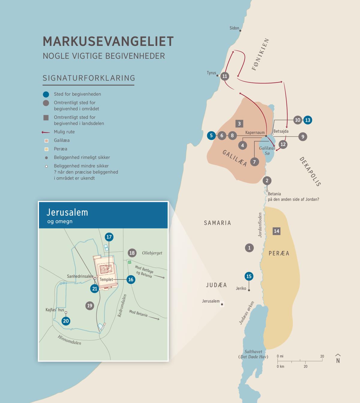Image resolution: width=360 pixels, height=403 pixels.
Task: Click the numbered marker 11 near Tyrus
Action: [x=225, y=76]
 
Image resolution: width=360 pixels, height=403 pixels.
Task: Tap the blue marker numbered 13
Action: [x=307, y=120]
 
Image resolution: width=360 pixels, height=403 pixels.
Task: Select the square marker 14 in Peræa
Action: [x=276, y=231]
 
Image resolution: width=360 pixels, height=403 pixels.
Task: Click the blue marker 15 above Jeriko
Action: [x=249, y=276]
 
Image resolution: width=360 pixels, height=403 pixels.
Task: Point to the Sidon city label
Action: [x=234, y=28]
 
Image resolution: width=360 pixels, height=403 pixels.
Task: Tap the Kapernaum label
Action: [x=255, y=133]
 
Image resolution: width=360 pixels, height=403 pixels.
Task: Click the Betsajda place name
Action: [x=281, y=131]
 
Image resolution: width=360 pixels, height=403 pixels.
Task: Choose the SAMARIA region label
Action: [x=217, y=223]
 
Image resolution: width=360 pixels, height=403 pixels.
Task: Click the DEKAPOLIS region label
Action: [x=310, y=172]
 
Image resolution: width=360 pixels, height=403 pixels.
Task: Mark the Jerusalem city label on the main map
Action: [x=211, y=301]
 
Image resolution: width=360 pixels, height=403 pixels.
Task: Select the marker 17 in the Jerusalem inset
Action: [x=109, y=237]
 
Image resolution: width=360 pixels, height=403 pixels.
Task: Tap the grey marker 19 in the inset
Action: [x=89, y=306]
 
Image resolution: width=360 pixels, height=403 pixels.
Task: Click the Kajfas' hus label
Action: [x=55, y=310]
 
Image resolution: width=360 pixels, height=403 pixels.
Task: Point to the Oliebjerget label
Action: [x=152, y=253]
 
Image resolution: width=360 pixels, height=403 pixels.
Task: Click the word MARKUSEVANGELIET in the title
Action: [x=108, y=41]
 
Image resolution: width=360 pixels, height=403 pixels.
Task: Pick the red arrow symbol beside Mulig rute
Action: [x=46, y=132]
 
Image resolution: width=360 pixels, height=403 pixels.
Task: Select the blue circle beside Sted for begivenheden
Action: [x=46, y=94]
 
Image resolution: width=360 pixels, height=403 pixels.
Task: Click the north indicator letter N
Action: [x=338, y=361]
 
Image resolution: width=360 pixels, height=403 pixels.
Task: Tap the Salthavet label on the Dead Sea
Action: [x=253, y=352]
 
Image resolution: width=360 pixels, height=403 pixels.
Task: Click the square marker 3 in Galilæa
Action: [x=239, y=124]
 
